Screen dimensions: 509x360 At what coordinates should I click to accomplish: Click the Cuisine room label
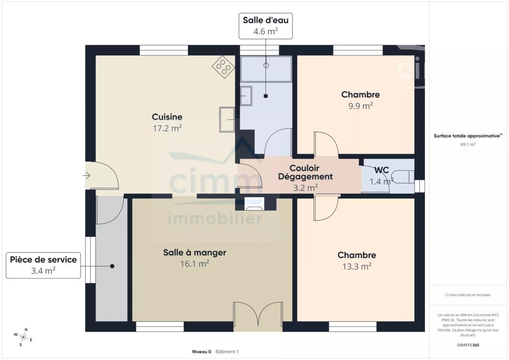167,117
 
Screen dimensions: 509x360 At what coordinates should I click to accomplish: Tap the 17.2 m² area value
167,128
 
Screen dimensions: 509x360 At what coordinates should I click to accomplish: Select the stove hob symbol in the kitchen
224,67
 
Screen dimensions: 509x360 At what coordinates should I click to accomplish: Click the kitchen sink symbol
227,120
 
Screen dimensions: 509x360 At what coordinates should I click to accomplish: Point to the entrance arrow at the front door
87,176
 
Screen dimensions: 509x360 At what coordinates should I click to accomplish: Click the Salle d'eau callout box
266,26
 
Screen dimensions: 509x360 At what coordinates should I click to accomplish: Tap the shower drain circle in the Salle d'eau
266,65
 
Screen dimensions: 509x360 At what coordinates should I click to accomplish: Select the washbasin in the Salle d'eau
246,96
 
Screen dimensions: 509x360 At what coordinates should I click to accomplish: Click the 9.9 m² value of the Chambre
361,106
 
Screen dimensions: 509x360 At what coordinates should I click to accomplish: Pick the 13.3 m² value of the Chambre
357,266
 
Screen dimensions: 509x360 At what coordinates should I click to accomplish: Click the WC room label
381,170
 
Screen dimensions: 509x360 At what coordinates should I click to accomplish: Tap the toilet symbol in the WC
403,176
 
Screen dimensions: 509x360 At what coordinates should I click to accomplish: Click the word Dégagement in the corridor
305,176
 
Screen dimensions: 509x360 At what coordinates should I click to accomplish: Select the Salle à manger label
195,253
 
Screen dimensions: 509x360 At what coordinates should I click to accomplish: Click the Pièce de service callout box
43,265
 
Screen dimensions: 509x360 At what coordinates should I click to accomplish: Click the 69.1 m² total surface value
468,144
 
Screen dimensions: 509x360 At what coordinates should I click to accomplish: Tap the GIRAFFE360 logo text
468,345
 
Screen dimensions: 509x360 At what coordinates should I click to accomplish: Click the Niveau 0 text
201,352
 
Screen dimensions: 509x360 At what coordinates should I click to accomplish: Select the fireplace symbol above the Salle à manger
254,204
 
